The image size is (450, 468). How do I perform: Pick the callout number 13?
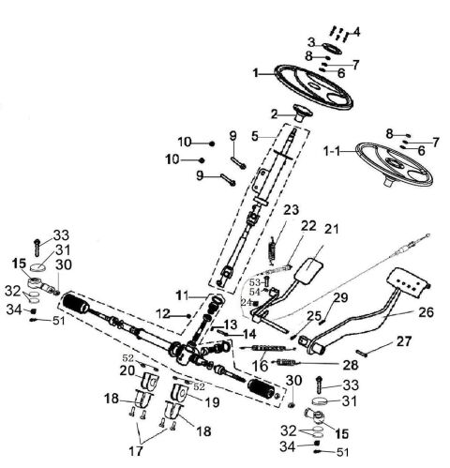(x=230, y=324)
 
